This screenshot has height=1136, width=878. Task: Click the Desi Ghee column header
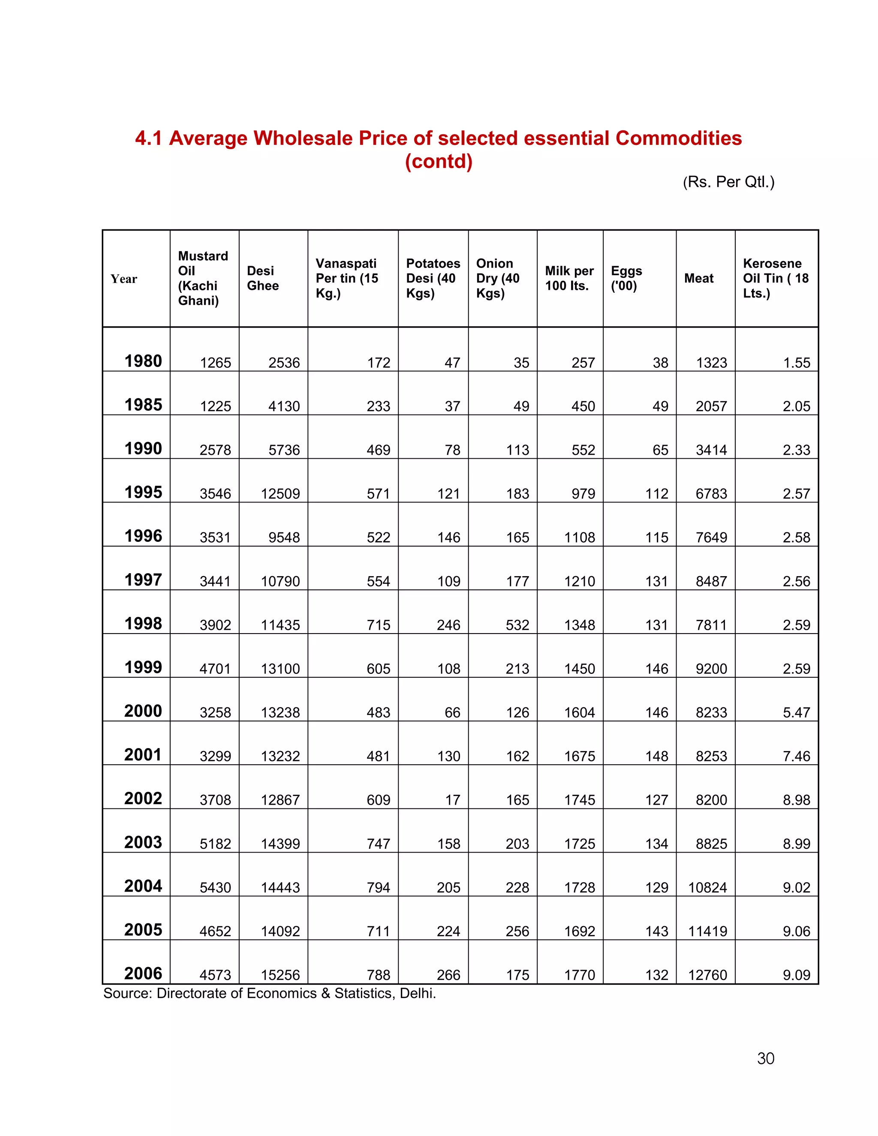click(x=263, y=278)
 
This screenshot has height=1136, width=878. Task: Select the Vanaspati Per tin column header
click(x=346, y=278)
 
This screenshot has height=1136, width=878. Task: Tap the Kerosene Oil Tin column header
click(x=775, y=278)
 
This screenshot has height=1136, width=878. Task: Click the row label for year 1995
click(x=143, y=492)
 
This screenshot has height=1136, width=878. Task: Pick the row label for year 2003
click(x=143, y=842)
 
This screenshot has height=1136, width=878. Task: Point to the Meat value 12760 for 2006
click(x=707, y=975)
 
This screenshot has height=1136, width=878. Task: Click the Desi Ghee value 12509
click(x=280, y=493)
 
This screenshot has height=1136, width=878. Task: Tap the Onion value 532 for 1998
click(x=517, y=625)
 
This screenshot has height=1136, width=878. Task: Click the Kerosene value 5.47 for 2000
click(x=797, y=712)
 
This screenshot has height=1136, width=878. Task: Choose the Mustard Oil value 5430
click(x=215, y=887)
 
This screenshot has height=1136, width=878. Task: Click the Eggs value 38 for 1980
click(x=660, y=363)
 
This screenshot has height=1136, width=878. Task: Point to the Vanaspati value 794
click(x=378, y=887)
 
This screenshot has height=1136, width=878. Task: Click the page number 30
click(x=766, y=1058)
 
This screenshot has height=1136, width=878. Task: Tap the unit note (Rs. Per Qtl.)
click(x=728, y=182)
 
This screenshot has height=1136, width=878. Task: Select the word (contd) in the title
click(x=439, y=161)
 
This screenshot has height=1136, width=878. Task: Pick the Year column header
click(x=124, y=279)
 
